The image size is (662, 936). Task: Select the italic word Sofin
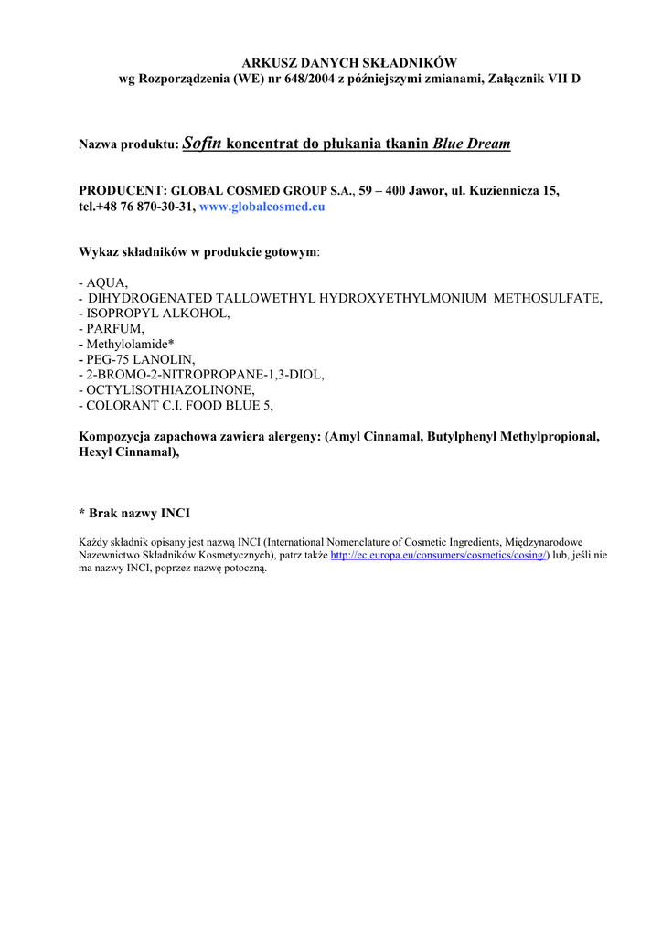click(202, 144)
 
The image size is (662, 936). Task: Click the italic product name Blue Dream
click(471, 144)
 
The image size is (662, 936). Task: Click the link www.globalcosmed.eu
click(262, 207)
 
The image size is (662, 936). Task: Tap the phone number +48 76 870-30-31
click(145, 207)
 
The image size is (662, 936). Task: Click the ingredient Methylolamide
click(130, 343)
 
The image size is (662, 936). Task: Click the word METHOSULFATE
click(547, 298)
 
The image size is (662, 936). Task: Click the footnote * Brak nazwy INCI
click(135, 513)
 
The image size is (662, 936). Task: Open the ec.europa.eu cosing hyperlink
click(438, 555)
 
